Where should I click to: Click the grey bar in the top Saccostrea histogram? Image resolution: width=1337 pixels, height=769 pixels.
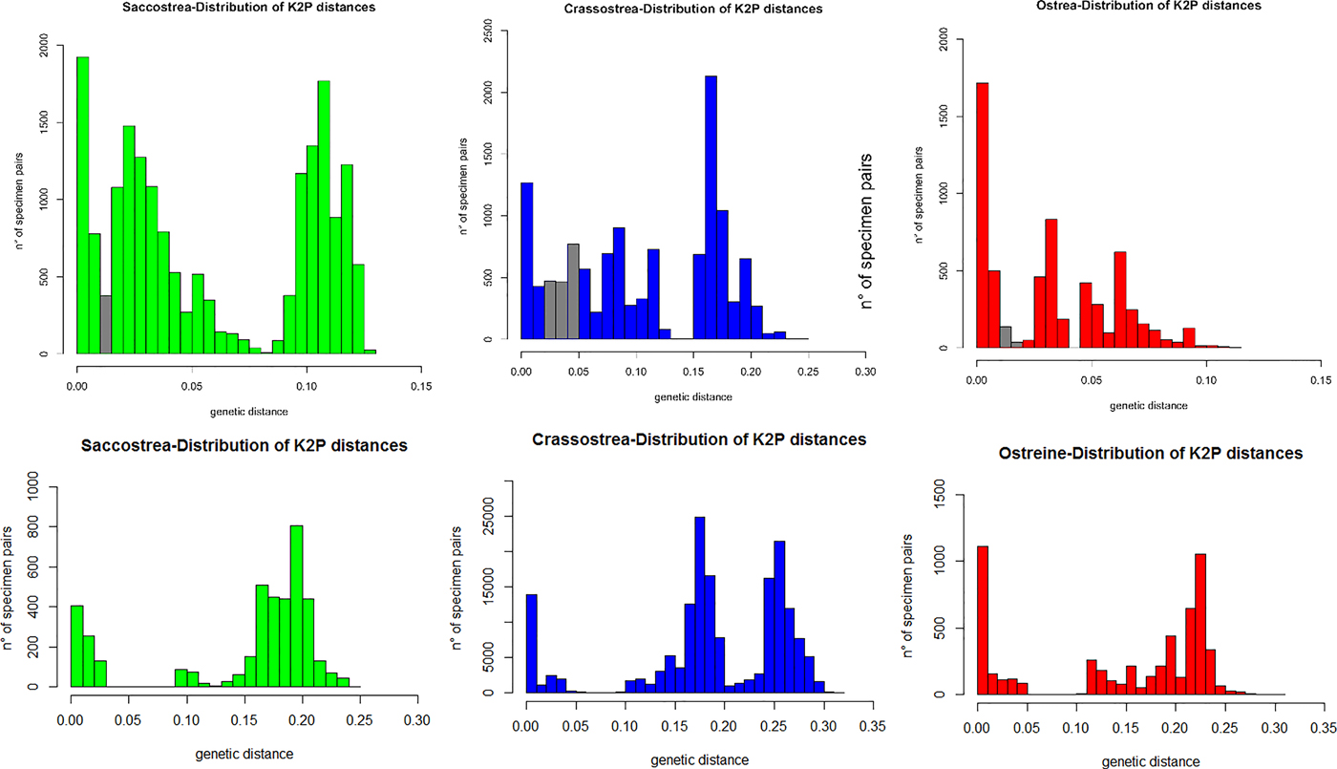tap(106, 324)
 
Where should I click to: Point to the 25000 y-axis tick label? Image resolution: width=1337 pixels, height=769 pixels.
tap(496, 517)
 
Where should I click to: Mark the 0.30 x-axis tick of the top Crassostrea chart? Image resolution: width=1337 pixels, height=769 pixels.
tap(865, 372)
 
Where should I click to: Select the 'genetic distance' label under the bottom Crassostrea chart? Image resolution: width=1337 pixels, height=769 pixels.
tap(702, 759)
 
